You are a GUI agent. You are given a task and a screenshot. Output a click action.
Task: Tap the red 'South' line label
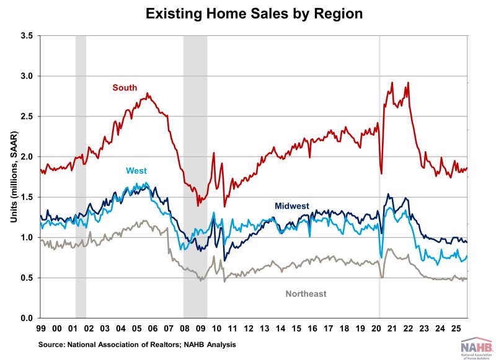[125, 88]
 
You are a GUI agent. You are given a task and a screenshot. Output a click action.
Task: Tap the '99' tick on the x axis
[41, 328]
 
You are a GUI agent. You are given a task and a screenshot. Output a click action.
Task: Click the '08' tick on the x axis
[186, 328]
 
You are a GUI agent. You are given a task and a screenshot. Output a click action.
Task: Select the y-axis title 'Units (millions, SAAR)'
[11, 177]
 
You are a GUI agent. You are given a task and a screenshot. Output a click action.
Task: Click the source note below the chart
[126, 343]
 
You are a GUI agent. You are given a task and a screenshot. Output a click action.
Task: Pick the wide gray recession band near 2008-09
[195, 124]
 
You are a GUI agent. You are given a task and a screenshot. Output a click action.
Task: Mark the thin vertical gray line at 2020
[379, 124]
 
